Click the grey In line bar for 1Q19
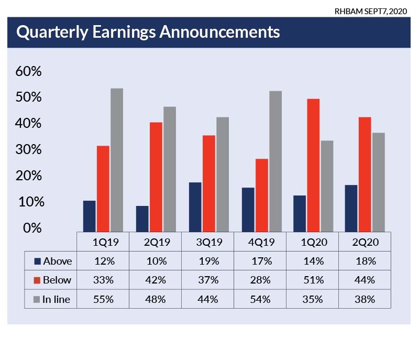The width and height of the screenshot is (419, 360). (x=117, y=159)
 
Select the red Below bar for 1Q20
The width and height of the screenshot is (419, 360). (x=313, y=165)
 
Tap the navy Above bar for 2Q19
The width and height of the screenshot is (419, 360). (x=142, y=218)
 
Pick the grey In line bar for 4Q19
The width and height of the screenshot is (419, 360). (x=275, y=161)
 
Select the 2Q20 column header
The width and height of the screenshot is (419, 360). (x=365, y=243)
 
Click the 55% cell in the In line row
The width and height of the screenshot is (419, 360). (x=103, y=299)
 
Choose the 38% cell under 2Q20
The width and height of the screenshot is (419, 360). (x=365, y=299)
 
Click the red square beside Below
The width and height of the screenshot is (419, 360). (x=37, y=280)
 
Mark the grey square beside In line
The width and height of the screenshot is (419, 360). (x=37, y=300)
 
